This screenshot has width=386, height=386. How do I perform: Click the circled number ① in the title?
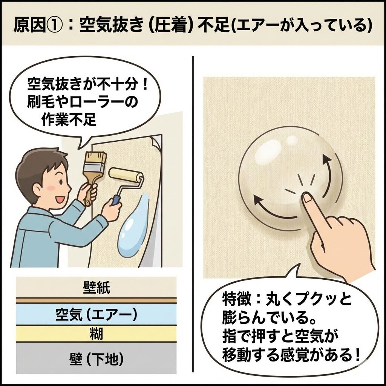pos(54,25)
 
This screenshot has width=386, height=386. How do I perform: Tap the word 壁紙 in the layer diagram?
pos(96,288)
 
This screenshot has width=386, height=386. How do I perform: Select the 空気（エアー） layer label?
pos(96,315)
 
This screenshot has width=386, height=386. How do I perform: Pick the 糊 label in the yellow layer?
pos(96,334)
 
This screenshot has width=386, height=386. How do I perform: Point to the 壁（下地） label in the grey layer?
pos(96,360)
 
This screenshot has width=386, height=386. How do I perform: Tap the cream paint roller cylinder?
pos(126,176)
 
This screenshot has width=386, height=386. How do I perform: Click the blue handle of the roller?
pos(115,200)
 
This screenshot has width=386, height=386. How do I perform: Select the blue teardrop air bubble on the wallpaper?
pos(133,227)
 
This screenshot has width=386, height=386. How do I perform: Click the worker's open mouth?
pos(59,199)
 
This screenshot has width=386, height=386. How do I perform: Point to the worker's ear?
pos(37,190)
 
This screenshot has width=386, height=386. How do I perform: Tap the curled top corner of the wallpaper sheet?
pos(155,141)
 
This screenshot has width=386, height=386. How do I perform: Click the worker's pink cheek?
pos(51,188)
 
